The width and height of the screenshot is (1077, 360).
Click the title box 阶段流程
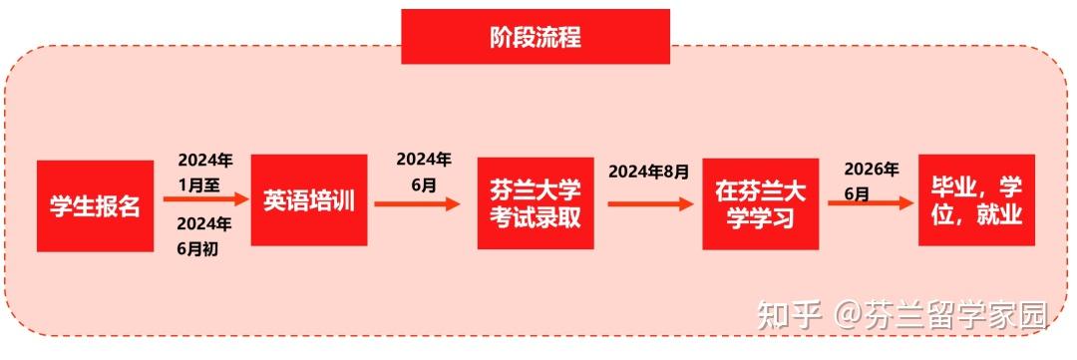tap(536, 38)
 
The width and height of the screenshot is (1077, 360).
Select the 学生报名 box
tap(95, 206)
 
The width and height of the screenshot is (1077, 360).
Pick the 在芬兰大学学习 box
tap(760, 203)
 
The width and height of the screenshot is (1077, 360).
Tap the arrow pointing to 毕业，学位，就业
tap(871, 202)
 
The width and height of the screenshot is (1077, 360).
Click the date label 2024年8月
tap(648, 172)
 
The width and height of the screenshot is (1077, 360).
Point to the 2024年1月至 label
tap(205, 170)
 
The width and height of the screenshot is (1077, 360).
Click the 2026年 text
tap(871, 169)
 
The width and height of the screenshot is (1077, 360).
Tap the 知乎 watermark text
tap(789, 315)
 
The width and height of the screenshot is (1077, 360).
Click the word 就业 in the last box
tap(1000, 214)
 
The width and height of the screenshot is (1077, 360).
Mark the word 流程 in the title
tap(558, 38)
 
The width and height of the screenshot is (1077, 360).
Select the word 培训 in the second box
tap(330, 199)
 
